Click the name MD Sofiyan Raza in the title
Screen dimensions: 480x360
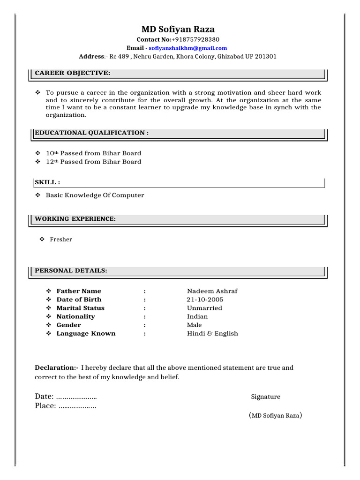178,29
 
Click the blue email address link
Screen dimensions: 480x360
187,48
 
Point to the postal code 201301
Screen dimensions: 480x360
265,57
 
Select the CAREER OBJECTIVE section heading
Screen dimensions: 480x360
73,73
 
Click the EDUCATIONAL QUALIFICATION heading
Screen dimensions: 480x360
92,133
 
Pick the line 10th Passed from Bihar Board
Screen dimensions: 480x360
93,153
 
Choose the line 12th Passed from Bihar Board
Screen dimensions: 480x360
93,162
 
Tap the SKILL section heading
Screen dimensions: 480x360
47,182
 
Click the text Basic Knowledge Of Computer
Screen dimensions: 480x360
95,195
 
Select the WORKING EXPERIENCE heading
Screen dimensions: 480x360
75,219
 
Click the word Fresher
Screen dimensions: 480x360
61,240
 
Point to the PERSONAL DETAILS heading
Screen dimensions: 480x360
71,270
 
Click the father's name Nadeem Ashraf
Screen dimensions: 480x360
212,291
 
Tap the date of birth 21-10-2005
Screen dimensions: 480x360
205,300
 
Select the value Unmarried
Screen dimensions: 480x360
204,308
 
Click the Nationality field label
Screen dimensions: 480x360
75,316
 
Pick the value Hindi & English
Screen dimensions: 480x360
212,334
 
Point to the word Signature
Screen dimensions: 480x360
265,397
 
